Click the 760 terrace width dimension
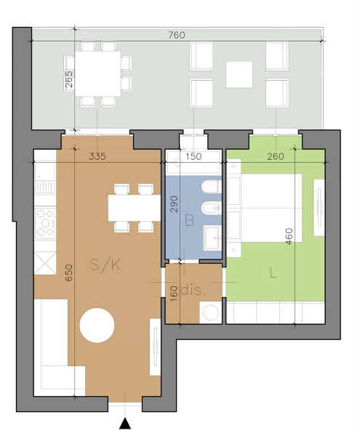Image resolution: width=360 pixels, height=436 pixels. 177,35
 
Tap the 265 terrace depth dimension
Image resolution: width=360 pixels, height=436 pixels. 68,80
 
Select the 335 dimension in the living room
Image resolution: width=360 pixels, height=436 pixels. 97,156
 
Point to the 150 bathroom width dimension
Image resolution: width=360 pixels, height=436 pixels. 193,156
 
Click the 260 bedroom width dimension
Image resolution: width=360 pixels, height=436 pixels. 276,156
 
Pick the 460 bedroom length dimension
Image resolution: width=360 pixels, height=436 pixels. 289,236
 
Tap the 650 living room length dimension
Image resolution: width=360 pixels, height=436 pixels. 68,272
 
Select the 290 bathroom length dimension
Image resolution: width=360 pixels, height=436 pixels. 174,204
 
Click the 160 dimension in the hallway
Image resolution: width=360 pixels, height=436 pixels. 174,294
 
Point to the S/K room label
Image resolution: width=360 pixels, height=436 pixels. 105,265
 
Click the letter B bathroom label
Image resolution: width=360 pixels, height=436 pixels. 189,220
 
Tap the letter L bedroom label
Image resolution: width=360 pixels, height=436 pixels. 273,272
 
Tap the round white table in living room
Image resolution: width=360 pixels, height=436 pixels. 97,326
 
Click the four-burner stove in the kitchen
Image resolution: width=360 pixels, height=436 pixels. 45,223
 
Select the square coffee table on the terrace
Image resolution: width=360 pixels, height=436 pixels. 239,75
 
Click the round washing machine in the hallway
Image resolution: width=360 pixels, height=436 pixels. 211,312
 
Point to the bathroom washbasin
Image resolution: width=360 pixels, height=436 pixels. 212,238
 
